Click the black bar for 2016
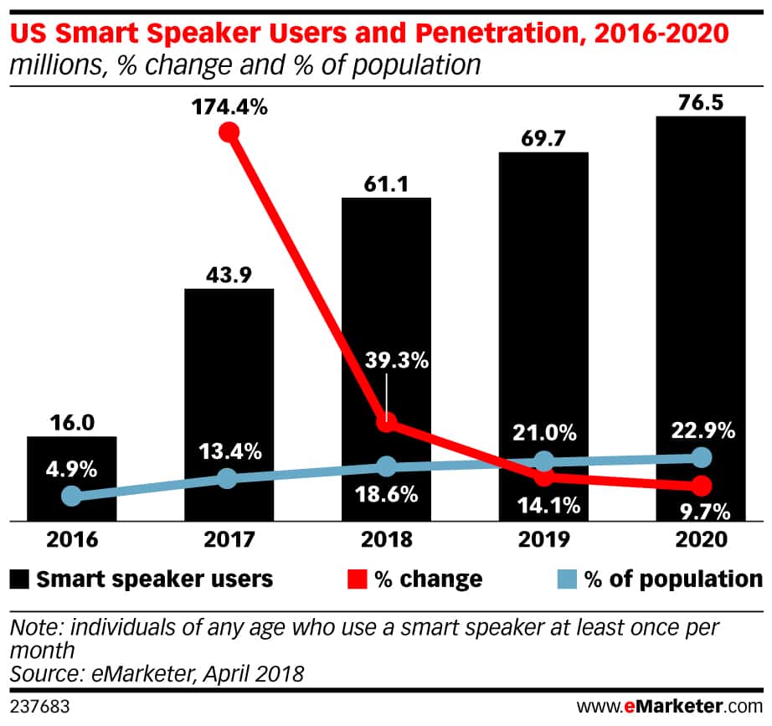tap(72, 478)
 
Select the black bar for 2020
tap(701, 318)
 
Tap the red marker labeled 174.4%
tap(229, 132)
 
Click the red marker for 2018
tap(386, 423)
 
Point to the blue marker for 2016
tap(72, 496)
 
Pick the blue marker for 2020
tap(702, 457)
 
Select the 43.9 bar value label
tap(229, 274)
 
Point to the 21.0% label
tap(545, 433)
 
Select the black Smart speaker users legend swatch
tap(22, 579)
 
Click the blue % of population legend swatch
tap(568, 579)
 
